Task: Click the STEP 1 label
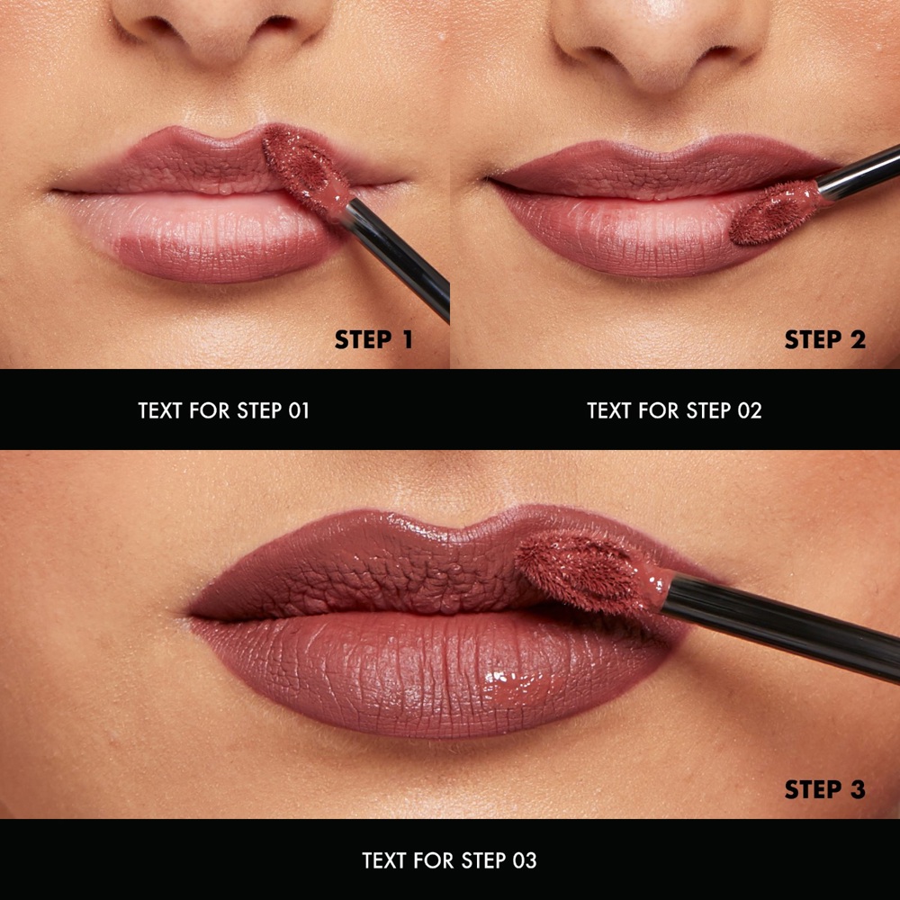(x=373, y=339)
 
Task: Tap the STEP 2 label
(x=824, y=339)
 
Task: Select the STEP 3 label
(x=824, y=789)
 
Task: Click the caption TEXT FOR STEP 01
(x=224, y=410)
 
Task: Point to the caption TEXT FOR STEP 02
(x=674, y=410)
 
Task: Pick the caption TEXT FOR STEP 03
(x=449, y=860)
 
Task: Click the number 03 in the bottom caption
(x=525, y=860)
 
